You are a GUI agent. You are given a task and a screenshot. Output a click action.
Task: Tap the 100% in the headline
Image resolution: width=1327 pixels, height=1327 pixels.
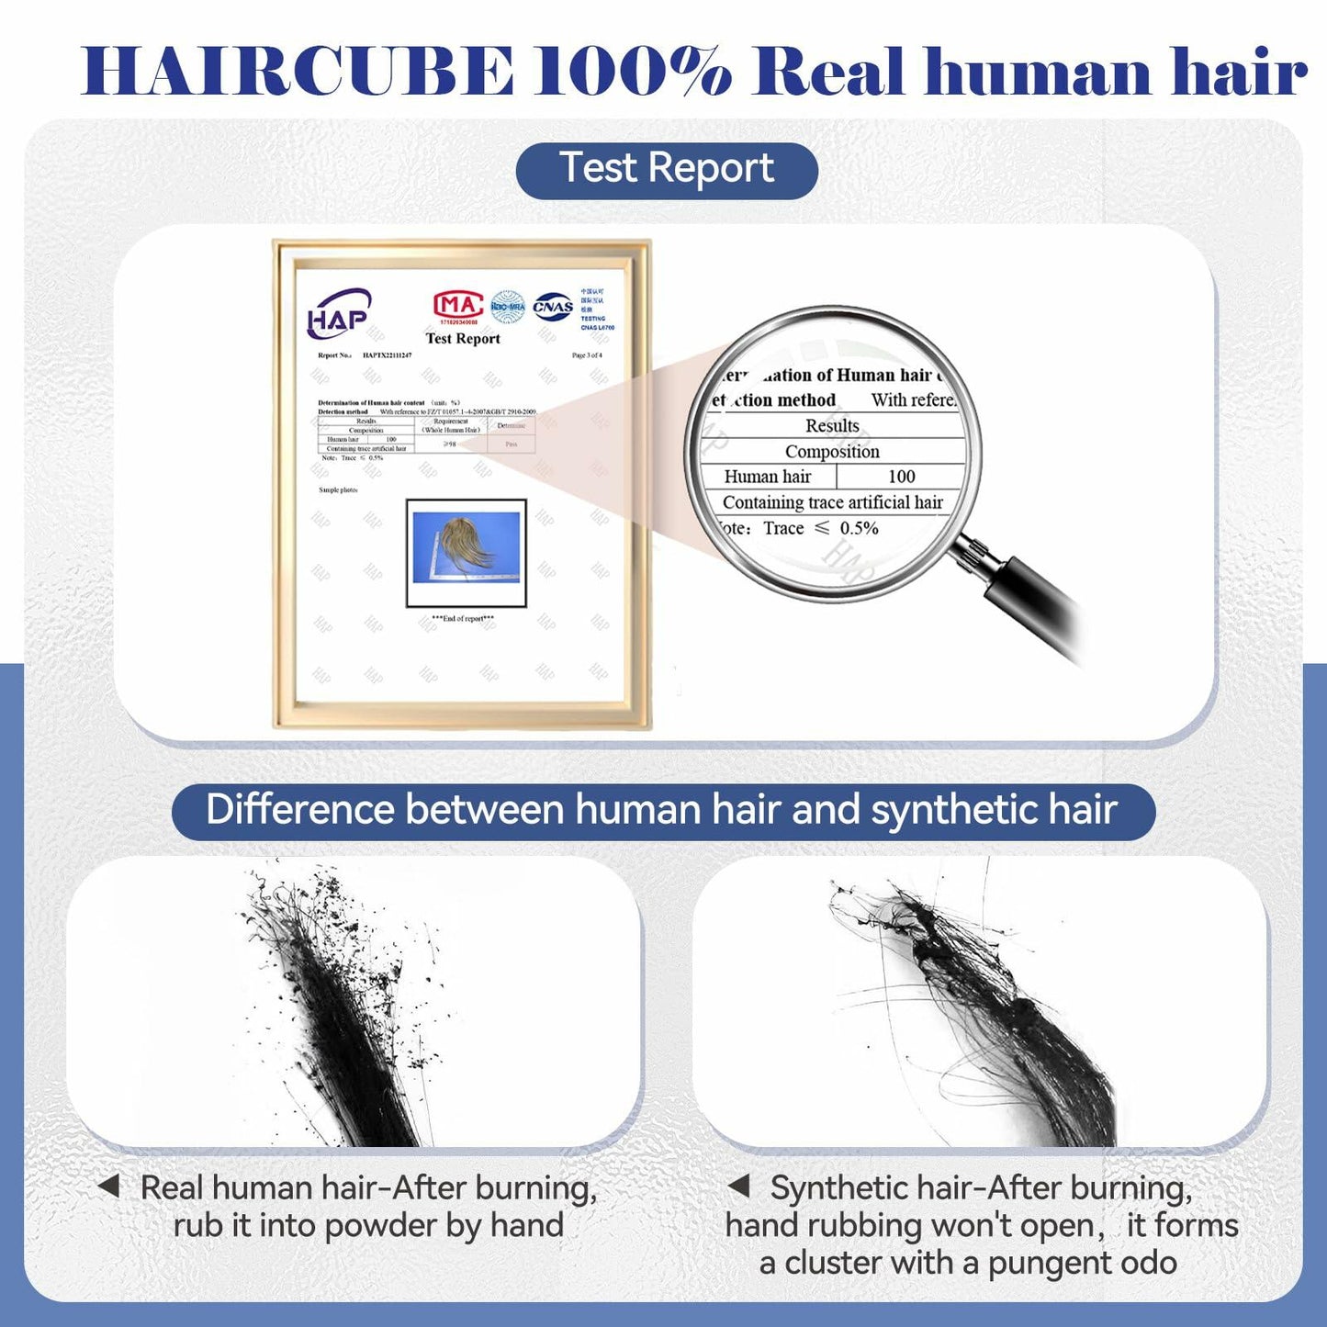tap(633, 72)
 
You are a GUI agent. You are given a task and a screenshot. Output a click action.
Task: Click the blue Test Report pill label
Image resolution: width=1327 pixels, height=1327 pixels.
tap(667, 170)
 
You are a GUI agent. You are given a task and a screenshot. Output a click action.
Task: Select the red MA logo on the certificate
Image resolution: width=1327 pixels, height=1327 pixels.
tap(457, 305)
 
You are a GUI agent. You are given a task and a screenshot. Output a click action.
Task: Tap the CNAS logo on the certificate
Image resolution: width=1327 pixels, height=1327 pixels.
tap(553, 307)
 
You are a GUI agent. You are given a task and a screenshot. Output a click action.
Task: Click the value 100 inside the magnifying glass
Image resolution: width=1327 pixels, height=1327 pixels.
tap(901, 477)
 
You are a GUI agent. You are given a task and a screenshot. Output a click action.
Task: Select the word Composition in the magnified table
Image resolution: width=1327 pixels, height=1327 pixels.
tap(832, 451)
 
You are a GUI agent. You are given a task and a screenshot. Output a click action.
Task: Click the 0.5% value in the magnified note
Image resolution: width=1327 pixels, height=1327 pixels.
tap(859, 528)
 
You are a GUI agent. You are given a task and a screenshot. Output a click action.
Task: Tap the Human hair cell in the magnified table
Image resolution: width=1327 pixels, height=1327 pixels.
tap(768, 477)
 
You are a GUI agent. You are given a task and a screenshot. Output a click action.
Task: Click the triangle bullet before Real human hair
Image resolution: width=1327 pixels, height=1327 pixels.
tap(109, 1186)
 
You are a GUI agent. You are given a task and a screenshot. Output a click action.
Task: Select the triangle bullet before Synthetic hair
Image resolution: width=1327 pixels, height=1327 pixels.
tap(739, 1186)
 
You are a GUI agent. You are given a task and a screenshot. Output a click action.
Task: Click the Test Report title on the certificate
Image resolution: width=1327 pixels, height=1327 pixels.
tap(463, 339)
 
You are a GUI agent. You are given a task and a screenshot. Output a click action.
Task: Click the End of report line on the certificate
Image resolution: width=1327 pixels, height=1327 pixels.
tap(463, 619)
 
